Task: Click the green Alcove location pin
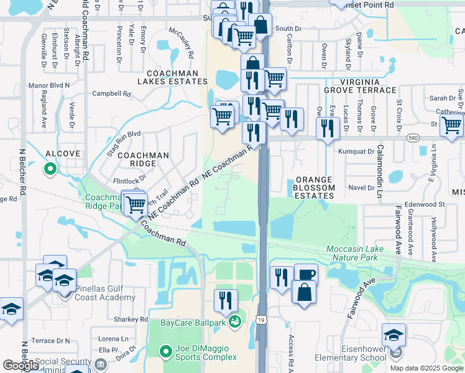50,168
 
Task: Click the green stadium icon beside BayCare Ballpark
234,321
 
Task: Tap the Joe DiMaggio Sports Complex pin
165,352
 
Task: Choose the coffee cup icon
305,275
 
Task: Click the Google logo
21,366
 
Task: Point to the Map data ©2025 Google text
426,368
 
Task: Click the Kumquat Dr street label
356,151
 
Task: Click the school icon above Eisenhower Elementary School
394,334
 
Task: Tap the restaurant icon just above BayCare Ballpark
226,300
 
